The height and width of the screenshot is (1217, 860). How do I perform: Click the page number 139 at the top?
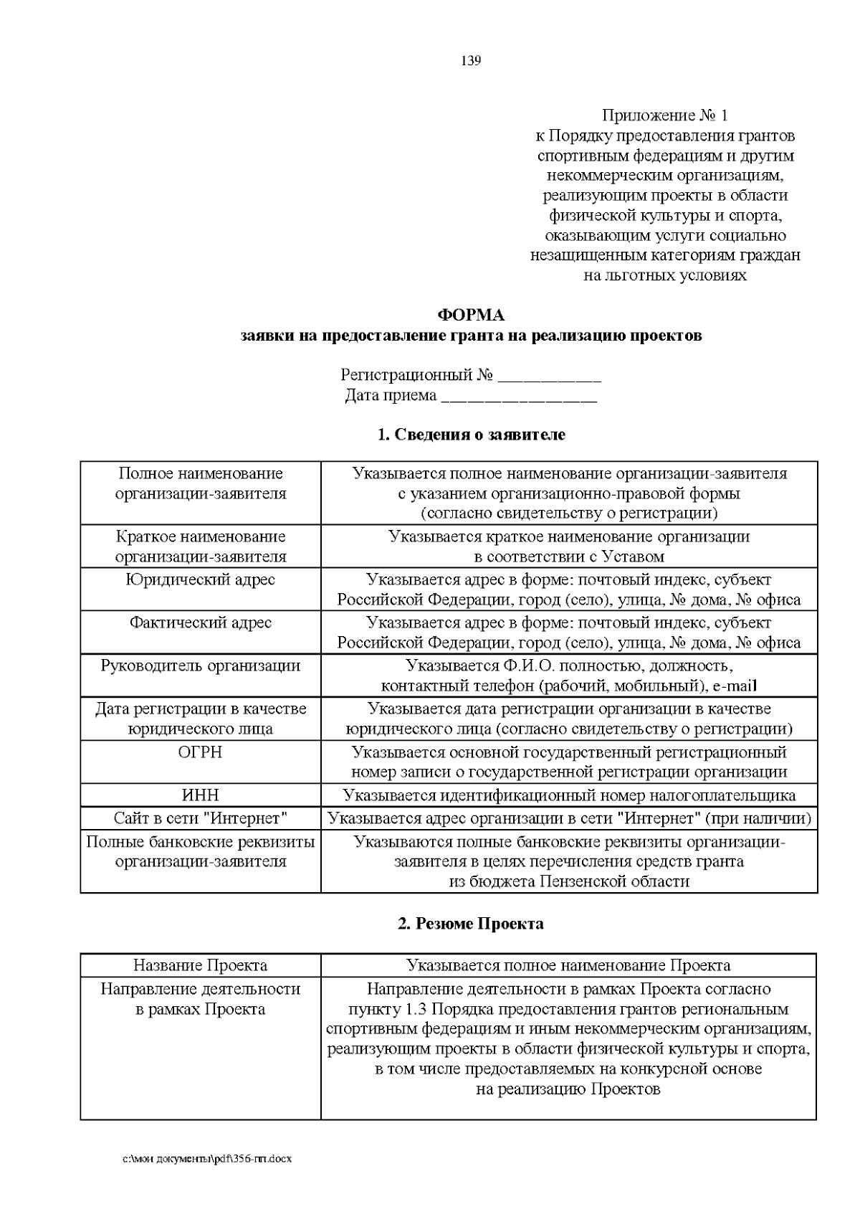pyautogui.click(x=471, y=60)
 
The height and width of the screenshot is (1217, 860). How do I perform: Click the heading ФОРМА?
pyautogui.click(x=471, y=316)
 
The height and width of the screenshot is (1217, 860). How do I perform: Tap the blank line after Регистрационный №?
pyautogui.click(x=549, y=377)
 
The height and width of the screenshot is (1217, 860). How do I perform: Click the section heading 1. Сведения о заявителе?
pyautogui.click(x=471, y=435)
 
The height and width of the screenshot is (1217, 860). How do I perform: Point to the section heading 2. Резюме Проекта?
pyautogui.click(x=471, y=924)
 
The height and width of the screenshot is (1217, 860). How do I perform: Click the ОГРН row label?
pyautogui.click(x=201, y=752)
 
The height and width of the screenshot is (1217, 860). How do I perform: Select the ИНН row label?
pyautogui.click(x=201, y=795)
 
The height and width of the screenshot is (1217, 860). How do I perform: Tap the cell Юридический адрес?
pyautogui.click(x=201, y=579)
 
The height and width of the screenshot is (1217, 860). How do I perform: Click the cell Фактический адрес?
pyautogui.click(x=201, y=622)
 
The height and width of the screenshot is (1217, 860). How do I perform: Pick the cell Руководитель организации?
pyautogui.click(x=201, y=666)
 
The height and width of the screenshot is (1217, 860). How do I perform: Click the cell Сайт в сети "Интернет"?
pyautogui.click(x=201, y=818)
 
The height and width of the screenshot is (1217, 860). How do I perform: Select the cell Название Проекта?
pyautogui.click(x=201, y=965)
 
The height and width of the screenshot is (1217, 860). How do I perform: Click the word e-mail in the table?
pyautogui.click(x=735, y=686)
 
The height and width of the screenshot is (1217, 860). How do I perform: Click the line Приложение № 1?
pyautogui.click(x=665, y=115)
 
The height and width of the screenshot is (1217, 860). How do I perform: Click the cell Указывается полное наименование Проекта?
pyautogui.click(x=568, y=965)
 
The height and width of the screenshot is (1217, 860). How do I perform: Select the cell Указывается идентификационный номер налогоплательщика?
pyautogui.click(x=568, y=795)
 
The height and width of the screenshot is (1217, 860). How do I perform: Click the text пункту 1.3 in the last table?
pyautogui.click(x=384, y=1010)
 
